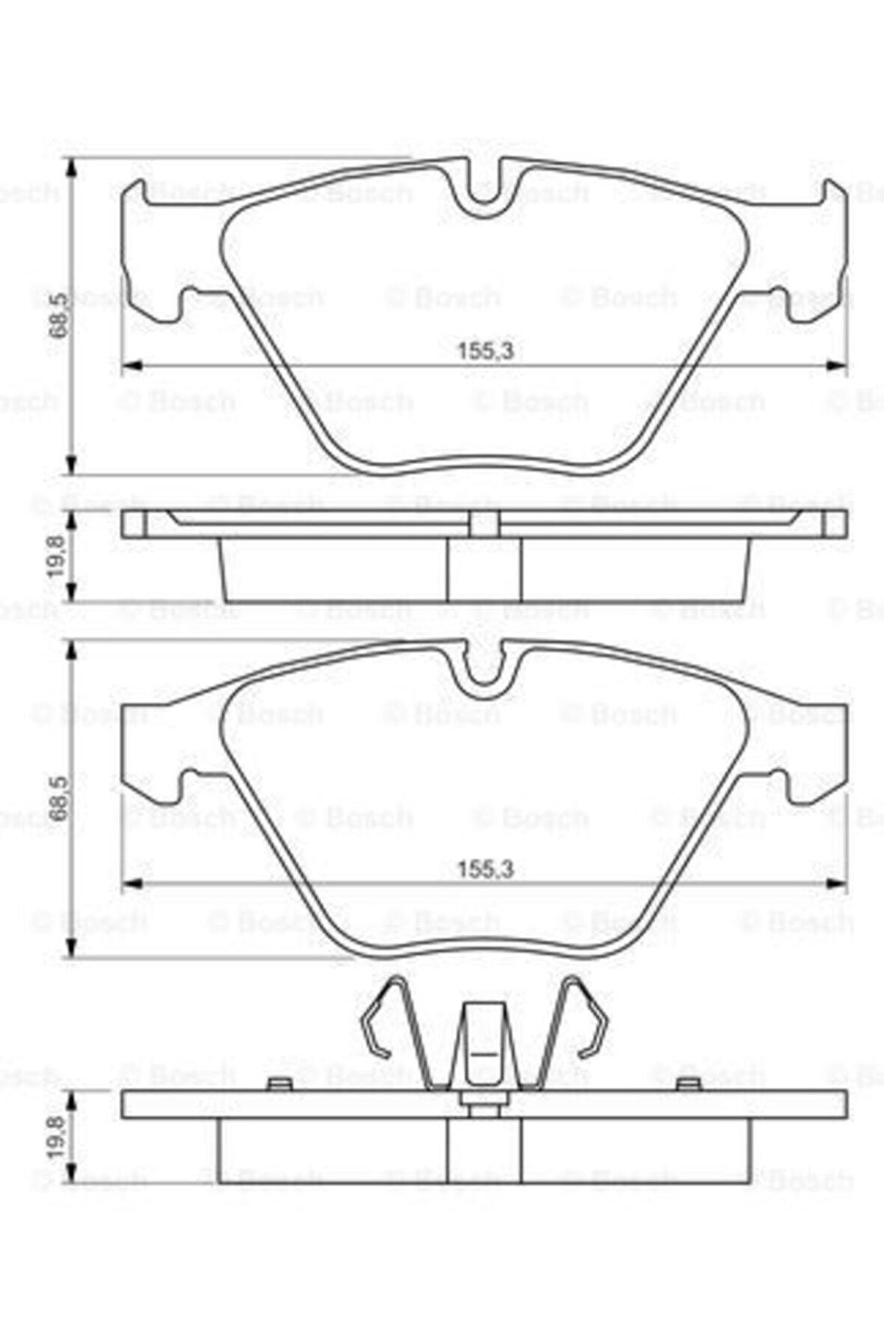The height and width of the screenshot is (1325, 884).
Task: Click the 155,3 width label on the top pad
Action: (x=485, y=350)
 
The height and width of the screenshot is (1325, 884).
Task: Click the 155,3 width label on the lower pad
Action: (x=485, y=869)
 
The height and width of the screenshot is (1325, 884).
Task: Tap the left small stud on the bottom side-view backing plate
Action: (x=279, y=1083)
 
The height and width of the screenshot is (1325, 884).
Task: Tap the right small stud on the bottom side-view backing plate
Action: (x=687, y=1083)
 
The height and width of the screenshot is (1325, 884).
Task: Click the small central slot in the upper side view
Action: (x=484, y=523)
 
